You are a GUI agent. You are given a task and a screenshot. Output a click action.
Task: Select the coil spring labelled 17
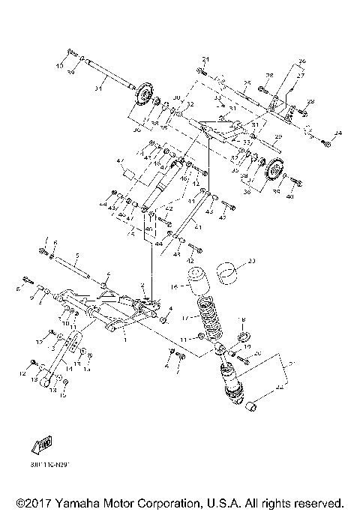tap(212, 320)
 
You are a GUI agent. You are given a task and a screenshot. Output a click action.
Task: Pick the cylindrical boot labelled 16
tap(197, 281)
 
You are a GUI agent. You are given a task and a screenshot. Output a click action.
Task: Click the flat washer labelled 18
tap(242, 332)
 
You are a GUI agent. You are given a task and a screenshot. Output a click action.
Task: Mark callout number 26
tap(301, 60)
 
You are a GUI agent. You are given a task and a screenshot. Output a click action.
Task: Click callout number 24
tap(337, 133)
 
